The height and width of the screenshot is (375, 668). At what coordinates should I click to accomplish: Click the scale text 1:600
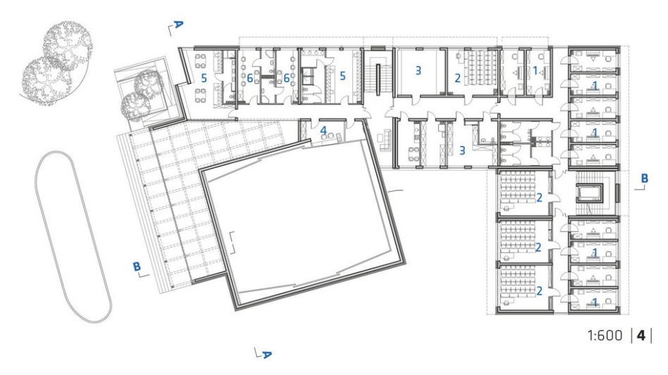point(605,336)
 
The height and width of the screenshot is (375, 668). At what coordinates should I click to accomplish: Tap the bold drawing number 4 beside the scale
point(641,336)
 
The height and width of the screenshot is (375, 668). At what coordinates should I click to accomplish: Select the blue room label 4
point(323,130)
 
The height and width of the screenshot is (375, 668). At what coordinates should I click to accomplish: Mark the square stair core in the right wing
point(589,193)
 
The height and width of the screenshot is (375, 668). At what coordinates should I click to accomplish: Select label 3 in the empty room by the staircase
point(418,70)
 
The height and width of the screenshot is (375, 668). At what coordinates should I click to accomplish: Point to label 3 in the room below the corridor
point(462,150)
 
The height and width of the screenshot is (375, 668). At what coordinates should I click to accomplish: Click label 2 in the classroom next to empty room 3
point(457,78)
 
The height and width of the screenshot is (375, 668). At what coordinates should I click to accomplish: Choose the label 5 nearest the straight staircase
point(342,76)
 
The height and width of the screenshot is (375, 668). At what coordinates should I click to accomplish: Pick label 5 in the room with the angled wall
point(204,78)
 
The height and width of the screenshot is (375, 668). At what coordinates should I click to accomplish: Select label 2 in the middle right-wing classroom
point(538,247)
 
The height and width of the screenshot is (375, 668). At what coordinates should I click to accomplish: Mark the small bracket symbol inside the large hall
point(233,242)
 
